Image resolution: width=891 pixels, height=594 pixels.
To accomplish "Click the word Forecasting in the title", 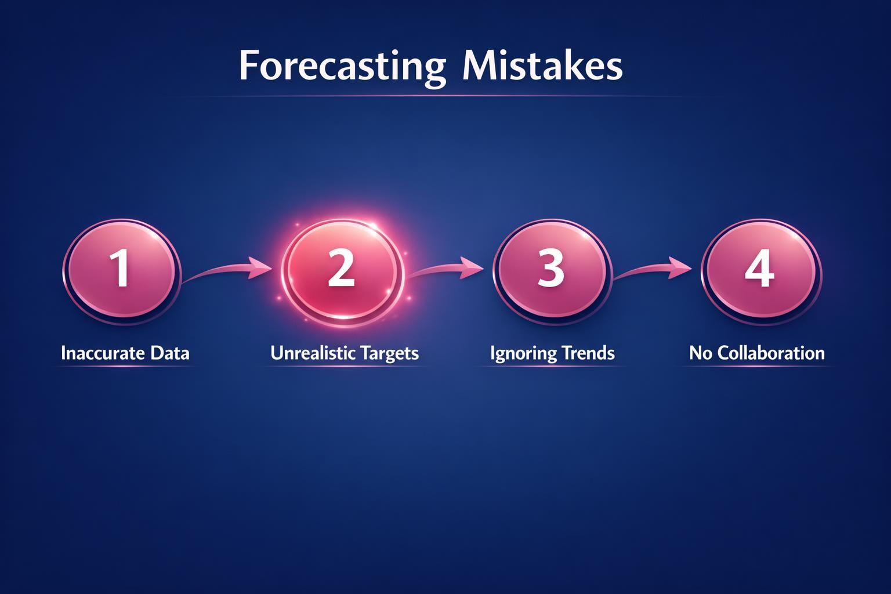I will [x=342, y=67].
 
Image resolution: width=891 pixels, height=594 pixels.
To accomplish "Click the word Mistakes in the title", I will [x=542, y=67].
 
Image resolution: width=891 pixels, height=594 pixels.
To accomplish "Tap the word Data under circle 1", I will [x=169, y=353].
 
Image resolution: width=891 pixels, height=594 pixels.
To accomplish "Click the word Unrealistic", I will [x=312, y=353].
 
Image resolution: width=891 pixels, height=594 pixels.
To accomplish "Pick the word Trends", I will [x=587, y=353].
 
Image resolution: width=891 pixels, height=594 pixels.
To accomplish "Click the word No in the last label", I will [x=701, y=353].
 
